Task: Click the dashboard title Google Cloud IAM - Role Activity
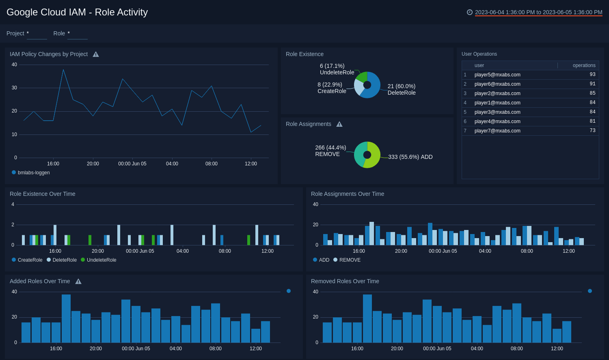click(77, 12)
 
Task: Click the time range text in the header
click(538, 12)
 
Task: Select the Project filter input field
click(37, 34)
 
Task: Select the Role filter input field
click(78, 34)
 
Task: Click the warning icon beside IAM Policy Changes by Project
click(96, 54)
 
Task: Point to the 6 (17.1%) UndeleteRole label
click(337, 69)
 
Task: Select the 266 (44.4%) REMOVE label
click(330, 151)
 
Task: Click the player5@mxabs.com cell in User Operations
click(497, 75)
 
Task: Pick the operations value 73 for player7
click(592, 131)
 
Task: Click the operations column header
click(584, 65)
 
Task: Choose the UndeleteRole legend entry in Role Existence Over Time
click(101, 260)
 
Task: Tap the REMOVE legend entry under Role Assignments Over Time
click(350, 260)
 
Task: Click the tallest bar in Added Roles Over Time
click(66, 318)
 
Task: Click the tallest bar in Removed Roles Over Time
click(367, 318)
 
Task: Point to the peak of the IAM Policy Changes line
click(63, 70)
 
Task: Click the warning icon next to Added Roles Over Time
click(78, 282)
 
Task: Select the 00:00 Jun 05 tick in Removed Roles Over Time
click(437, 349)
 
